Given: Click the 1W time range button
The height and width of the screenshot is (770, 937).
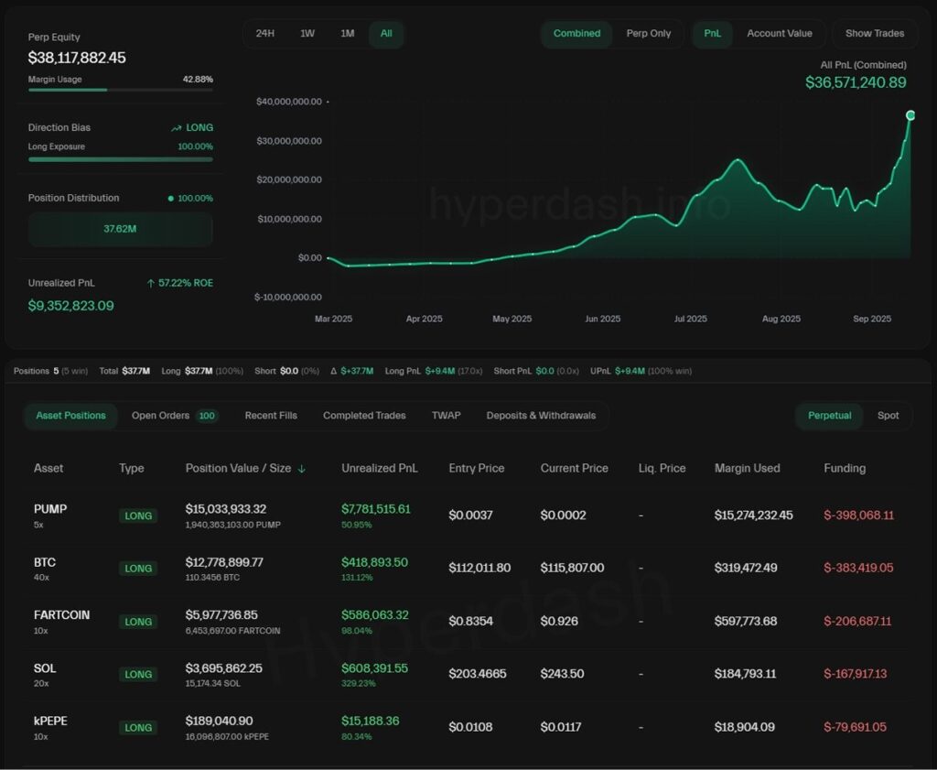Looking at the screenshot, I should point(307,34).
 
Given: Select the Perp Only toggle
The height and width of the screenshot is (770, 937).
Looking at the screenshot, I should point(649,34).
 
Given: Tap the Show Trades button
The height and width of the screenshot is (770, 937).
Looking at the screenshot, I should point(874,34).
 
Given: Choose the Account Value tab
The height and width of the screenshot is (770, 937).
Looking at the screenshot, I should point(779,34).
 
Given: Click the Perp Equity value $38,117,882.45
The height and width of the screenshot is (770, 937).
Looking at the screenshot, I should point(77,58).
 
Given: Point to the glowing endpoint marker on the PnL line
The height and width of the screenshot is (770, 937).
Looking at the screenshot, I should point(910,115).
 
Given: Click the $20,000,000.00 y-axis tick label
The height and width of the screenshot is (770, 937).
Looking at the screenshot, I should point(288,179).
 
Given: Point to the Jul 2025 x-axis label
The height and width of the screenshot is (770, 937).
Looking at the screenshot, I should point(690,319).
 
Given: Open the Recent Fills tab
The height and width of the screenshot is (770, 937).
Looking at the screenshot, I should point(271,416).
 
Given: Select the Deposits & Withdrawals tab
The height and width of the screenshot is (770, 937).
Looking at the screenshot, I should point(541,416).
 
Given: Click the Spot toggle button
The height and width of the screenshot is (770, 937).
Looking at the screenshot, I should point(888,416).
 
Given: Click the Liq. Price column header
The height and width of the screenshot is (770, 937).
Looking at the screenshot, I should point(662,468).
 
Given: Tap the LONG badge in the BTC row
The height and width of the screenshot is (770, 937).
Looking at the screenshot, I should point(138,569).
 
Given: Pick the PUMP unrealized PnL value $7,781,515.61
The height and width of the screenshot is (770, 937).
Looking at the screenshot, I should point(376,509).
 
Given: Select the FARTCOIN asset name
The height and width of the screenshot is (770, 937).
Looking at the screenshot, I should point(61,615).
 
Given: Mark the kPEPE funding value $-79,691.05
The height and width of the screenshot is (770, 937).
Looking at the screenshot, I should point(855,727).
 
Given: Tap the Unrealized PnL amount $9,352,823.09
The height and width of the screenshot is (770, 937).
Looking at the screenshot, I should point(71,306).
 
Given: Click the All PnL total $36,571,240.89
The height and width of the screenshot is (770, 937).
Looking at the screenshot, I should point(856,82).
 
